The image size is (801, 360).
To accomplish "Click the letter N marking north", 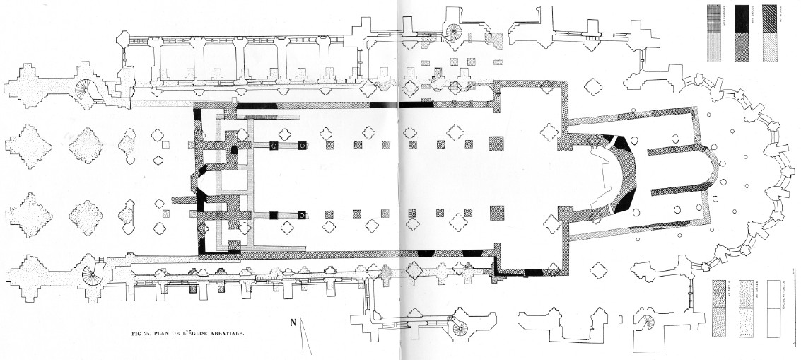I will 293,324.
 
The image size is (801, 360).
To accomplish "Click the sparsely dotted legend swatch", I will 746,322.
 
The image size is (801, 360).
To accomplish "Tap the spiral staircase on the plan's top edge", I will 454,32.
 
